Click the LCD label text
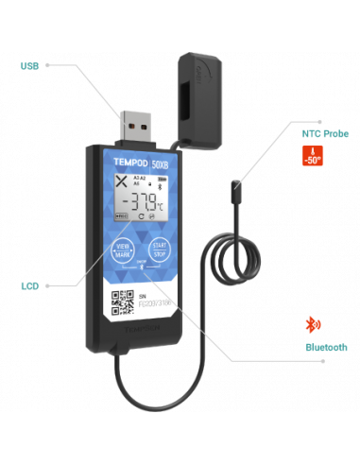click(29, 284)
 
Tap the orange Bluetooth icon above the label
click(312, 324)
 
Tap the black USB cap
click(206, 85)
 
